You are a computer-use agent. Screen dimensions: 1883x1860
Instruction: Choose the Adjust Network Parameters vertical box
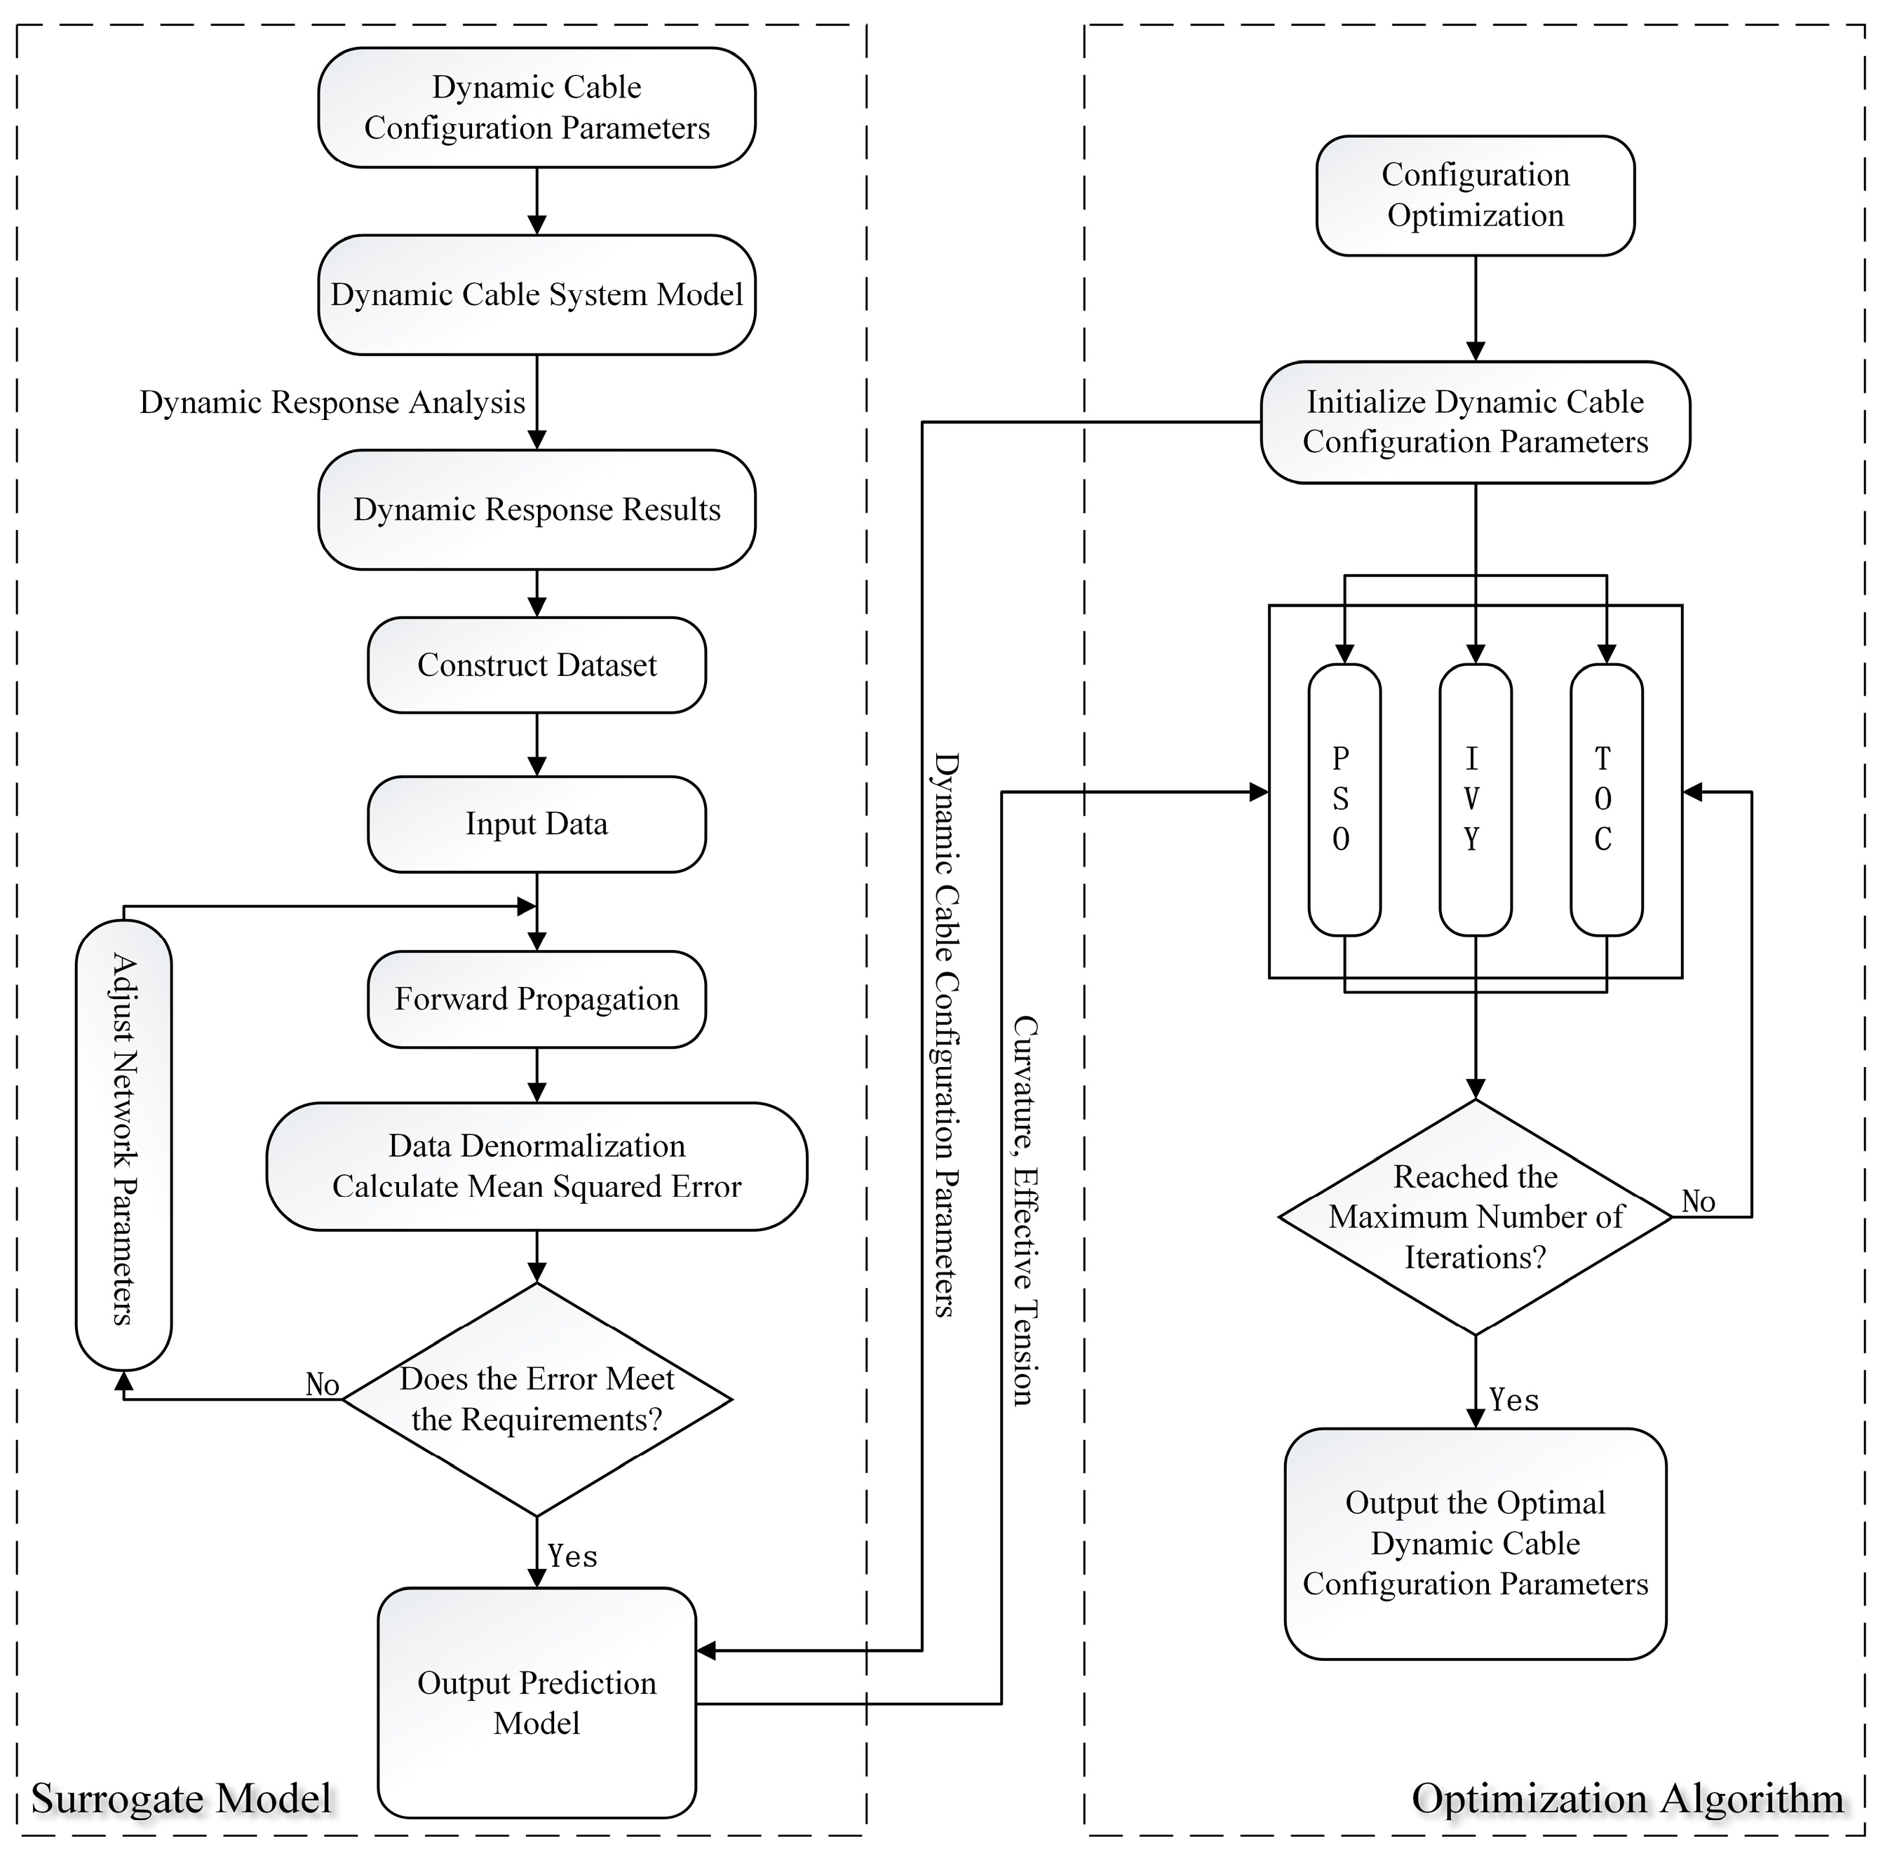coord(123,1144)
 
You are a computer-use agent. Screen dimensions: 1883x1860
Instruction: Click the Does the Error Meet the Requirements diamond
coord(537,1399)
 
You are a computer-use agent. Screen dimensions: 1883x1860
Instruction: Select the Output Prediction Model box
coord(537,1702)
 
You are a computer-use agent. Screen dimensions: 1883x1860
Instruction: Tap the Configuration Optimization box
coord(1476,195)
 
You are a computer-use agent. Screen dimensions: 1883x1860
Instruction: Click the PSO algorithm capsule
coord(1344,799)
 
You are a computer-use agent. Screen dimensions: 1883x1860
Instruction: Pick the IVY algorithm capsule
coord(1476,799)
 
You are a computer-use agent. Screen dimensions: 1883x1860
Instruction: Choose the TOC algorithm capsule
coord(1606,799)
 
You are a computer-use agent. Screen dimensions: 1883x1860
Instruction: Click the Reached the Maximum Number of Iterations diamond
coord(1476,1217)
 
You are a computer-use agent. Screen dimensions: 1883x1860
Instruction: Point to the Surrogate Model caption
coord(182,1798)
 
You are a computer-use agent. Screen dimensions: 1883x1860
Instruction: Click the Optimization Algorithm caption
coord(1628,1798)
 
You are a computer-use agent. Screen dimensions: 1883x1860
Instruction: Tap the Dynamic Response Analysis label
coord(332,402)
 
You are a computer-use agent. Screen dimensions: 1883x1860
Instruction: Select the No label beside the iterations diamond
coord(1698,1202)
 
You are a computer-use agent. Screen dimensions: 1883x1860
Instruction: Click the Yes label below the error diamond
coord(572,1556)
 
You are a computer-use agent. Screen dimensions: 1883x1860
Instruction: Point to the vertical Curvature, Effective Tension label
coord(1025,1210)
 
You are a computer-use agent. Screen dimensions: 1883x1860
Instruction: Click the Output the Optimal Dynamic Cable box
coord(1476,1543)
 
